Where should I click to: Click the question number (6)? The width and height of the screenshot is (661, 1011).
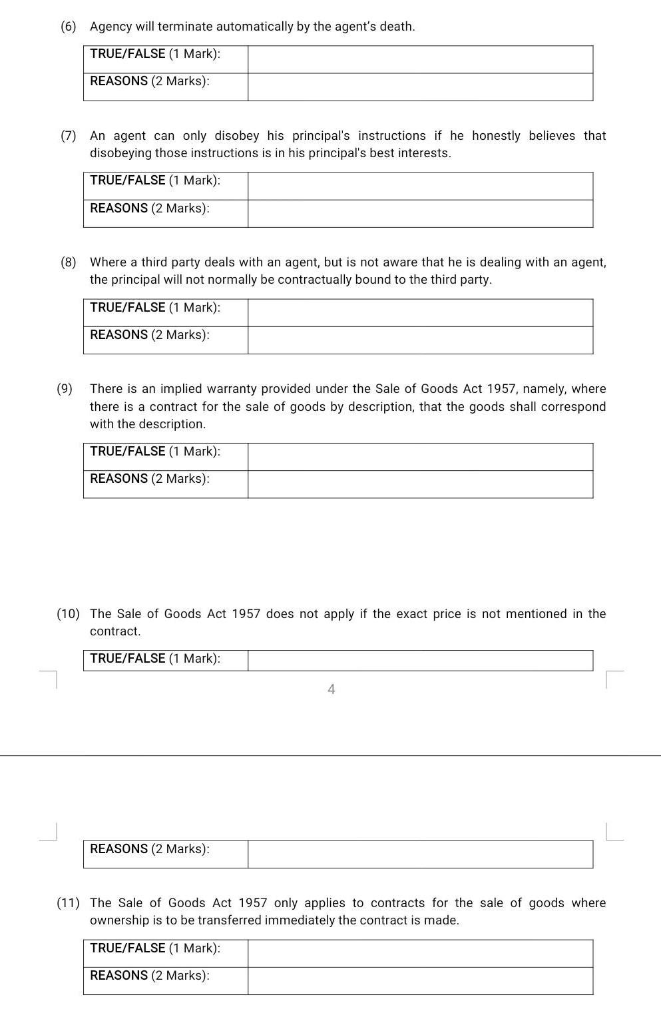68,27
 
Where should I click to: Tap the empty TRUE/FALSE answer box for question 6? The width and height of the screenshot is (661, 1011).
420,59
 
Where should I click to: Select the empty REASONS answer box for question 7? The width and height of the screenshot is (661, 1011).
420,214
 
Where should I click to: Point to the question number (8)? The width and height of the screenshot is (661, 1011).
68,262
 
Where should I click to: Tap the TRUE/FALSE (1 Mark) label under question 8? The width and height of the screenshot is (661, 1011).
155,308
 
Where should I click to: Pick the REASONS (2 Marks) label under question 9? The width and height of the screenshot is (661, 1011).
150,479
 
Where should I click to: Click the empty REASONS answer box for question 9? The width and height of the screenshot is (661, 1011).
420,484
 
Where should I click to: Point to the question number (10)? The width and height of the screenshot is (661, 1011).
68,614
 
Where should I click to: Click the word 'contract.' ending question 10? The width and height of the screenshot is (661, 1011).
115,631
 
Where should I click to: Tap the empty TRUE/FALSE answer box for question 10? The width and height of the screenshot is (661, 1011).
420,661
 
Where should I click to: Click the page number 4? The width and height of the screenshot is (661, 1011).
331,689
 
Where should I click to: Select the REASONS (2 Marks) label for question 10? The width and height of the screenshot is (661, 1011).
150,849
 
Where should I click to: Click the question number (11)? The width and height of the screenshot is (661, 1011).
68,903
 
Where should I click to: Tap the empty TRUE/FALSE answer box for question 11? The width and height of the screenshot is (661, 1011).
420,954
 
